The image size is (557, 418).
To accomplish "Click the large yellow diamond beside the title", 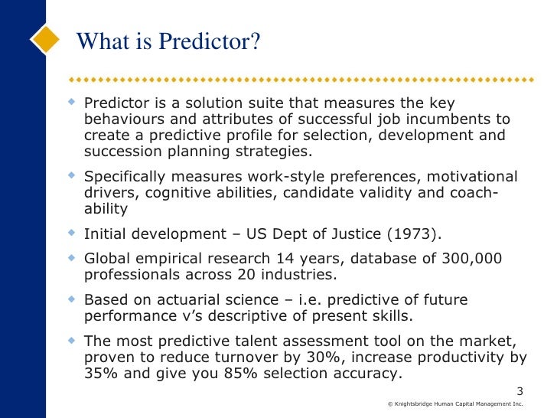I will (x=46, y=38).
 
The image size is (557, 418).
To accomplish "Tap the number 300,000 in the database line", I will (x=469, y=259).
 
